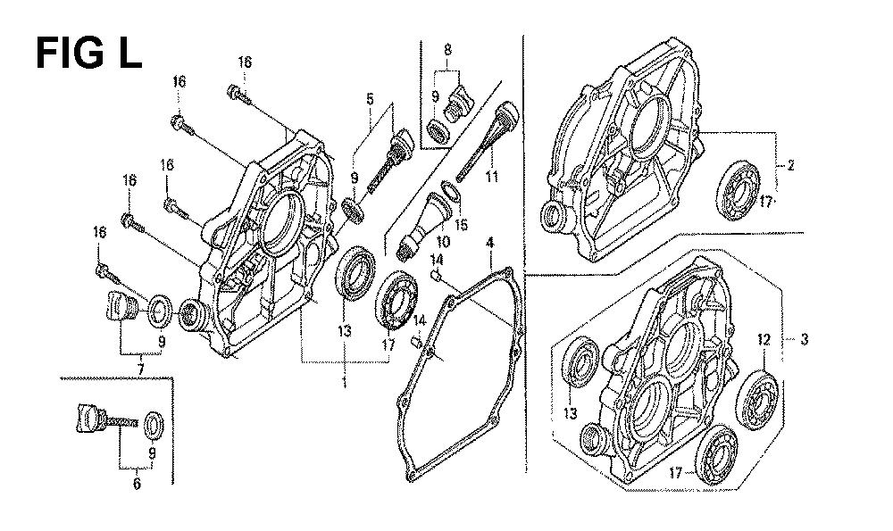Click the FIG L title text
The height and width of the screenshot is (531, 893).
pyautogui.click(x=88, y=54)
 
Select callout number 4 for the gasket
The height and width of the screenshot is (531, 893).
pyautogui.click(x=489, y=242)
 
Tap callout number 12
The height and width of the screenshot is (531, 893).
pyautogui.click(x=764, y=339)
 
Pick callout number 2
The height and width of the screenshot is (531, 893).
pyautogui.click(x=790, y=165)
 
